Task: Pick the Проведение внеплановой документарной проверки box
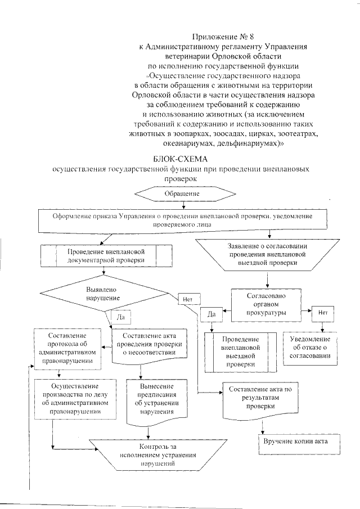(106, 256)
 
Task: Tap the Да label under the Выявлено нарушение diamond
(120, 317)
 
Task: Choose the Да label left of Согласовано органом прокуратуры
(212, 313)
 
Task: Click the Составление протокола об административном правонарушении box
(67, 349)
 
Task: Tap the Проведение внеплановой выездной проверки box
(240, 352)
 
